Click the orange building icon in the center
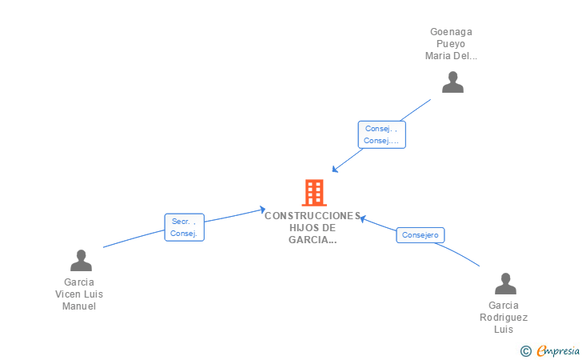pos(314,193)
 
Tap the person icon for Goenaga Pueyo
pos(452,82)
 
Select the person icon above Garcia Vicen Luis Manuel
pos(81,260)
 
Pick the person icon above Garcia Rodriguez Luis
pos(505,283)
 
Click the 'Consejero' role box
pos(421,235)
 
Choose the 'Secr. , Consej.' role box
pos(185,227)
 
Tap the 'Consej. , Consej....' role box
pos(381,134)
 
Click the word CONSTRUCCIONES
pos(313,216)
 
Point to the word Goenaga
pos(451,32)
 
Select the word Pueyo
pos(451,44)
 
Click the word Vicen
pos(67,294)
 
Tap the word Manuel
pos(79,306)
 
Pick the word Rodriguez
pos(504,318)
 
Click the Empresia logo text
pos(558,350)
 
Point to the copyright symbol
pos(525,351)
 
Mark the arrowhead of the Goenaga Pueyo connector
pos(334,170)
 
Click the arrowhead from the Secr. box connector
pos(262,210)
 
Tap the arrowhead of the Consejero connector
pos(364,219)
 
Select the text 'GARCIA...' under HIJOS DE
pos(313,240)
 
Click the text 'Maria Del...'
pos(451,56)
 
